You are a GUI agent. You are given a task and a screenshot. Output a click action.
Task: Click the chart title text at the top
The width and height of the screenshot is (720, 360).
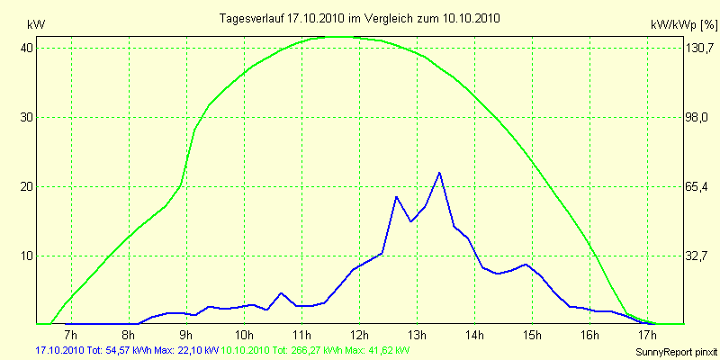point(360,18)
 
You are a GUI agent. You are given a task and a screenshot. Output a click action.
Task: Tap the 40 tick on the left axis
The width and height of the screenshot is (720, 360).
point(27,48)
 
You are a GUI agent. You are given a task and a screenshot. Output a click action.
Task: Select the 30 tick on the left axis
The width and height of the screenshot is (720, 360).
point(27,117)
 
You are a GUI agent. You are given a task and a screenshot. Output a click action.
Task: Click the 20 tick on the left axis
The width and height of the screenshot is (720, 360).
point(27,186)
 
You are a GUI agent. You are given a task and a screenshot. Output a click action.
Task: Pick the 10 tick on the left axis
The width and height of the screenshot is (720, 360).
point(27,256)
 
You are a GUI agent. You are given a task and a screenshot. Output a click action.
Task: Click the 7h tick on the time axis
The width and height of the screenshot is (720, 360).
point(72,335)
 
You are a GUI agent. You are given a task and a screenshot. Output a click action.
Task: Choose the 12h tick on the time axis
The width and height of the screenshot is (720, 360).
point(360,335)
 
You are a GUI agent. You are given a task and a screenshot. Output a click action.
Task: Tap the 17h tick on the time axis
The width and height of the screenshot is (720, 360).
point(647,335)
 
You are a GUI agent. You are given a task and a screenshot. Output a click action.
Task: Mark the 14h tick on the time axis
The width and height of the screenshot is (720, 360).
point(475,335)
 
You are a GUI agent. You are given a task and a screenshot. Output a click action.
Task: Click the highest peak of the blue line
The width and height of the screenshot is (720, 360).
point(439,173)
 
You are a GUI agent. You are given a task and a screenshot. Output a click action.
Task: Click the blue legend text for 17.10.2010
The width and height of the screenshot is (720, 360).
point(126,349)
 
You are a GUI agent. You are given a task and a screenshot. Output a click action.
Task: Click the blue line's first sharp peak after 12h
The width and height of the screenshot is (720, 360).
point(396,196)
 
